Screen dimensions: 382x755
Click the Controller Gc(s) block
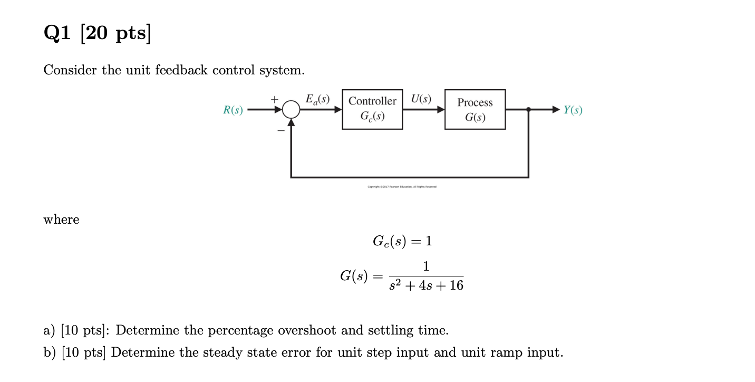[372, 109]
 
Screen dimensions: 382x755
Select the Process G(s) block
[475, 110]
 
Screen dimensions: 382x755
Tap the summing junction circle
[291, 110]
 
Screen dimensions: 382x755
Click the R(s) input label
[233, 110]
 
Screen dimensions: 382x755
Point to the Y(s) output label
[573, 110]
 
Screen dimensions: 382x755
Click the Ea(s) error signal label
[317, 99]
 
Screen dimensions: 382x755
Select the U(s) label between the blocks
[421, 99]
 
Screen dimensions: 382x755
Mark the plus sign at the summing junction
[274, 99]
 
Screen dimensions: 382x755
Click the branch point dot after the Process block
[528, 110]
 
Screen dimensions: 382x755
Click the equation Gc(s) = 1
[402, 241]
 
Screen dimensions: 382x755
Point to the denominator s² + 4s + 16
[426, 286]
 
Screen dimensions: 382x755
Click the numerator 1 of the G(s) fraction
[426, 266]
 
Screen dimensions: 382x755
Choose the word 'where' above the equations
[61, 219]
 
